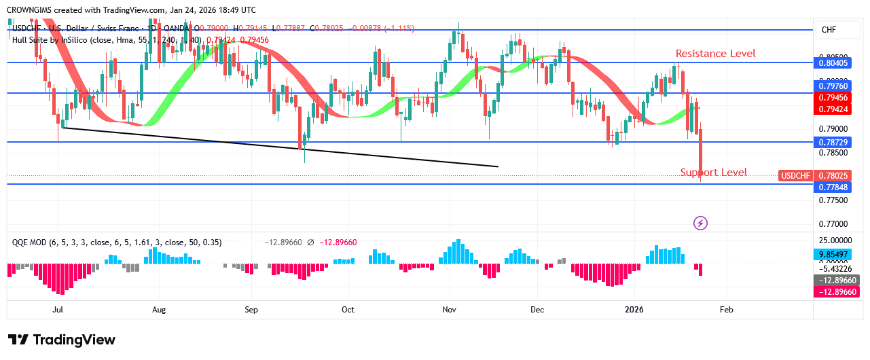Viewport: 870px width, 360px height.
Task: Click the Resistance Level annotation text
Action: click(715, 54)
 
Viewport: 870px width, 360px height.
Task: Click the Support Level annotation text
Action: click(713, 173)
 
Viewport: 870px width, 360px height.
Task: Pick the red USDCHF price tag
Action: click(796, 176)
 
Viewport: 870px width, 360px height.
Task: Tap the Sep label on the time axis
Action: click(251, 310)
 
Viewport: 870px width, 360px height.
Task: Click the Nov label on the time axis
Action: click(449, 310)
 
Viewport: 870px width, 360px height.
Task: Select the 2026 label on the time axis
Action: click(634, 310)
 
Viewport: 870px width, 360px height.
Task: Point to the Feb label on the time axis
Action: click(726, 310)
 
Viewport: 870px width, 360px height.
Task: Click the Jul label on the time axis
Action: click(58, 310)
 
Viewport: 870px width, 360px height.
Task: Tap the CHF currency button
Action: click(829, 30)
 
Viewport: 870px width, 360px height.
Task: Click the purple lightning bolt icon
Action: click(700, 223)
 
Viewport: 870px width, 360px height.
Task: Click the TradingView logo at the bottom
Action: click(62, 340)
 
